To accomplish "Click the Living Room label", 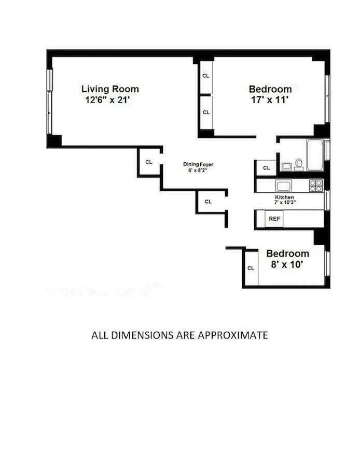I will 109,89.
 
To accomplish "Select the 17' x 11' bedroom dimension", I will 270,100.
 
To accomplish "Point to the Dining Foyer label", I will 198,164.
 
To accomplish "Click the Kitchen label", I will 284,198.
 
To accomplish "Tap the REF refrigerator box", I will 274,219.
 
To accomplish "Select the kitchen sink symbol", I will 284,186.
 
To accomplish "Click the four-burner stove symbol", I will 316,185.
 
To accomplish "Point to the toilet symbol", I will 299,165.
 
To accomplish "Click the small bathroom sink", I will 286,166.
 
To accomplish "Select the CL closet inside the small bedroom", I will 251,268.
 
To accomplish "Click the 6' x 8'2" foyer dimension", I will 198,170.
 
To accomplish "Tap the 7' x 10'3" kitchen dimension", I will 284,204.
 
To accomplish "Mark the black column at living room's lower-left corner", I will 54,140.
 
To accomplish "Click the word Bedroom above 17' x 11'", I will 270,89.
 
